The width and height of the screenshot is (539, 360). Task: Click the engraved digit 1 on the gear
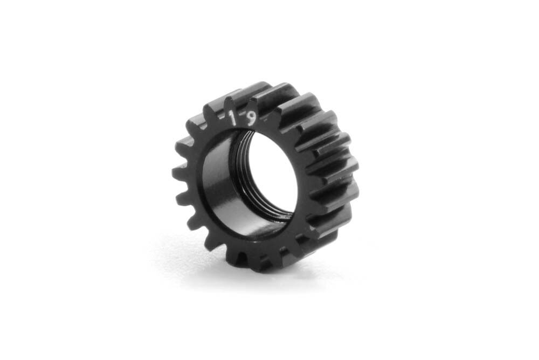[x=233, y=118]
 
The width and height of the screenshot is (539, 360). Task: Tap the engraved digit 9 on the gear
[x=252, y=119]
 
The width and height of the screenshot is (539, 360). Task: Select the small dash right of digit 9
[x=266, y=121]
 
